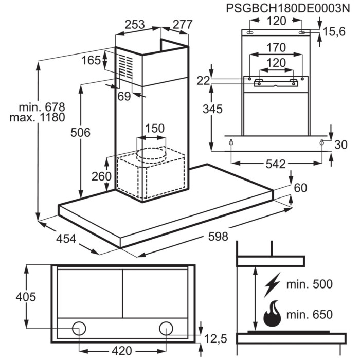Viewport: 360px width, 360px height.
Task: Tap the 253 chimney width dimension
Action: click(135, 24)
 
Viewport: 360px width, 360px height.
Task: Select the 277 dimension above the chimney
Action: click(182, 24)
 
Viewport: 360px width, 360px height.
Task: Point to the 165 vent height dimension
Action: click(91, 60)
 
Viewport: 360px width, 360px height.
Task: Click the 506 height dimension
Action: click(81, 132)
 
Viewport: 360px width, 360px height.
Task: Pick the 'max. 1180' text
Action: click(37, 118)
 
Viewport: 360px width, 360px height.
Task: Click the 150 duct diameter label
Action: click(154, 128)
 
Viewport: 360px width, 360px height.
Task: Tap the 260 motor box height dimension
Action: click(102, 176)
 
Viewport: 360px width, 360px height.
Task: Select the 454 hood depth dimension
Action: click(66, 239)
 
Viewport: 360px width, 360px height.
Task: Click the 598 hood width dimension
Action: click(218, 237)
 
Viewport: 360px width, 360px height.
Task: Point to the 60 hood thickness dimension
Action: click(300, 188)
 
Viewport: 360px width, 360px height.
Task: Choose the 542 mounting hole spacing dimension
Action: click(276, 164)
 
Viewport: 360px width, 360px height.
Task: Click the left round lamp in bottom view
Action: click(79, 327)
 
